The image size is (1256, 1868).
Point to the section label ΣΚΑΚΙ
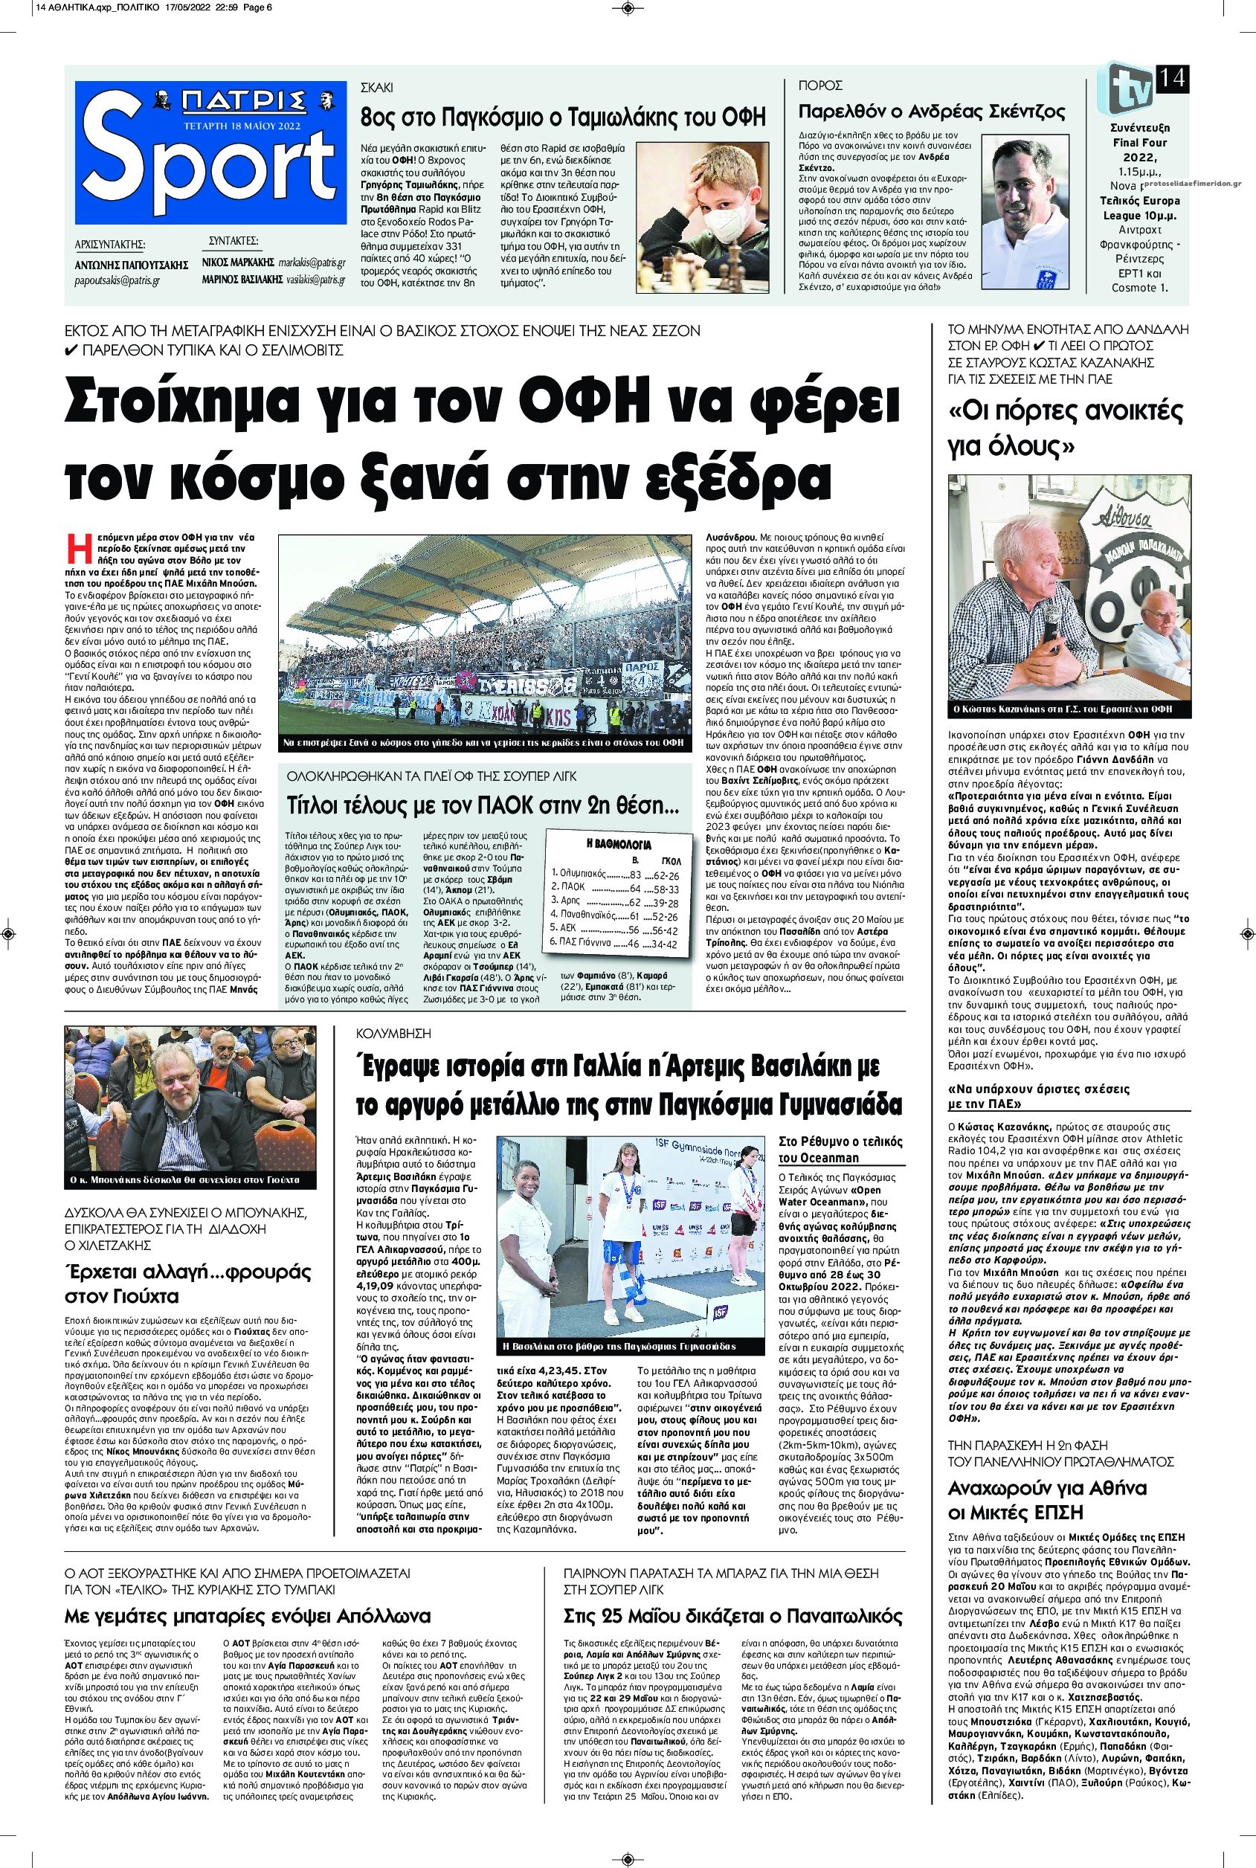[377, 86]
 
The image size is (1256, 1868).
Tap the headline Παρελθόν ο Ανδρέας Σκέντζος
[932, 111]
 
